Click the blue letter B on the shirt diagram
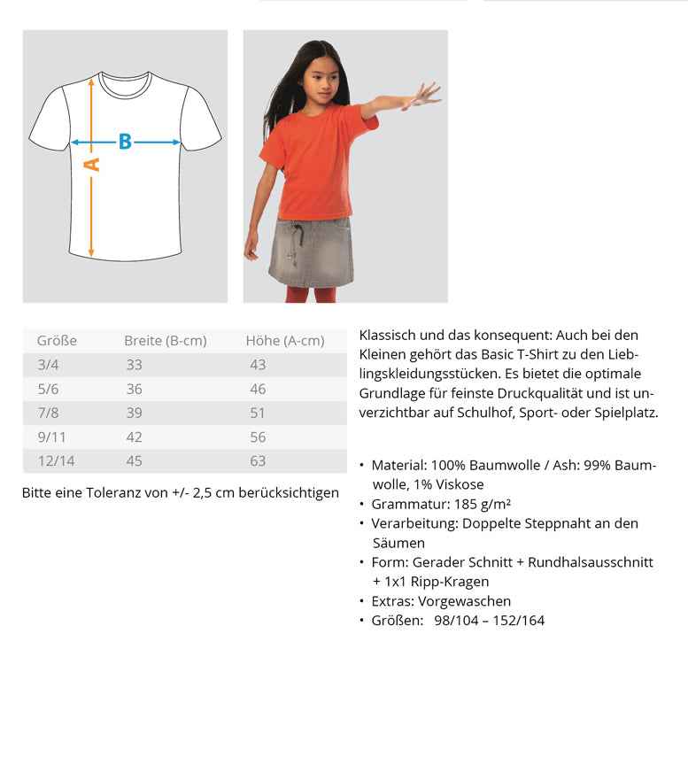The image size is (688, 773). (125, 142)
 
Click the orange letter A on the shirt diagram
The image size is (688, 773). (91, 165)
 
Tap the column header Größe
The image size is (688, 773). (57, 341)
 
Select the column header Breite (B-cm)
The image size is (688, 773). (165, 341)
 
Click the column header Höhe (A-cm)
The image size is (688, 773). (284, 341)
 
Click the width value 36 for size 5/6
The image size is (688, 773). (134, 389)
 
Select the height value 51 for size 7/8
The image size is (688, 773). (258, 413)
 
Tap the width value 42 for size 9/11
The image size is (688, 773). (134, 437)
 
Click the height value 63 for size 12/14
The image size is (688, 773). (258, 460)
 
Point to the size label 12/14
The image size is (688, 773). (56, 460)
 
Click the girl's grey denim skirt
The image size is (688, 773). (312, 252)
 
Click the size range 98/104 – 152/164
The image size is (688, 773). (489, 621)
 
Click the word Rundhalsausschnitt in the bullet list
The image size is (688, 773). (591, 562)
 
